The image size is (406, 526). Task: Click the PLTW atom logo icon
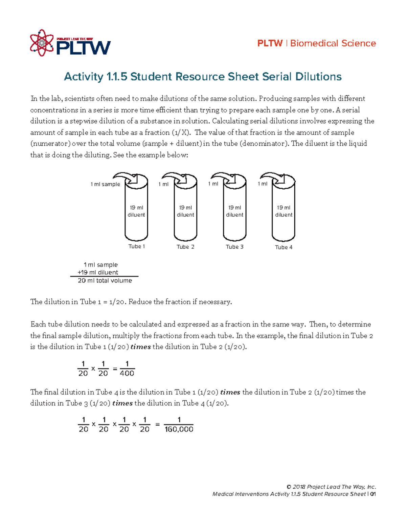click(42, 43)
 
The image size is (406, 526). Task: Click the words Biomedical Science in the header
click(333, 43)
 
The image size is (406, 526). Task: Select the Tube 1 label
click(136, 247)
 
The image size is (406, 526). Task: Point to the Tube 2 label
click(185, 247)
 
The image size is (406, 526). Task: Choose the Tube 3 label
click(234, 247)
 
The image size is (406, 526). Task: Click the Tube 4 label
click(284, 247)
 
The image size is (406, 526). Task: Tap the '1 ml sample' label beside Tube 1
click(105, 184)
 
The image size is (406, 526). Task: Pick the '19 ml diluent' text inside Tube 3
click(234, 211)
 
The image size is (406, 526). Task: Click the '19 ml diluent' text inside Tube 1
click(136, 211)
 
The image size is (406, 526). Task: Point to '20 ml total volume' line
click(105, 280)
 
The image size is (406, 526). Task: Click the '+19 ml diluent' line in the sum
click(98, 272)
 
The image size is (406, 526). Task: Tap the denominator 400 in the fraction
click(127, 373)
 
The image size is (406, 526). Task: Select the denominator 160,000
click(179, 429)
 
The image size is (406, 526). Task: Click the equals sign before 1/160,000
click(157, 424)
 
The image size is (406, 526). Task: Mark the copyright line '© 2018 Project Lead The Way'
click(331, 487)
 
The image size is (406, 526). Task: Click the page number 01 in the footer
click(373, 494)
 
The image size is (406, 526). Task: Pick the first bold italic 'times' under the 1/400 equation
click(230, 392)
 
